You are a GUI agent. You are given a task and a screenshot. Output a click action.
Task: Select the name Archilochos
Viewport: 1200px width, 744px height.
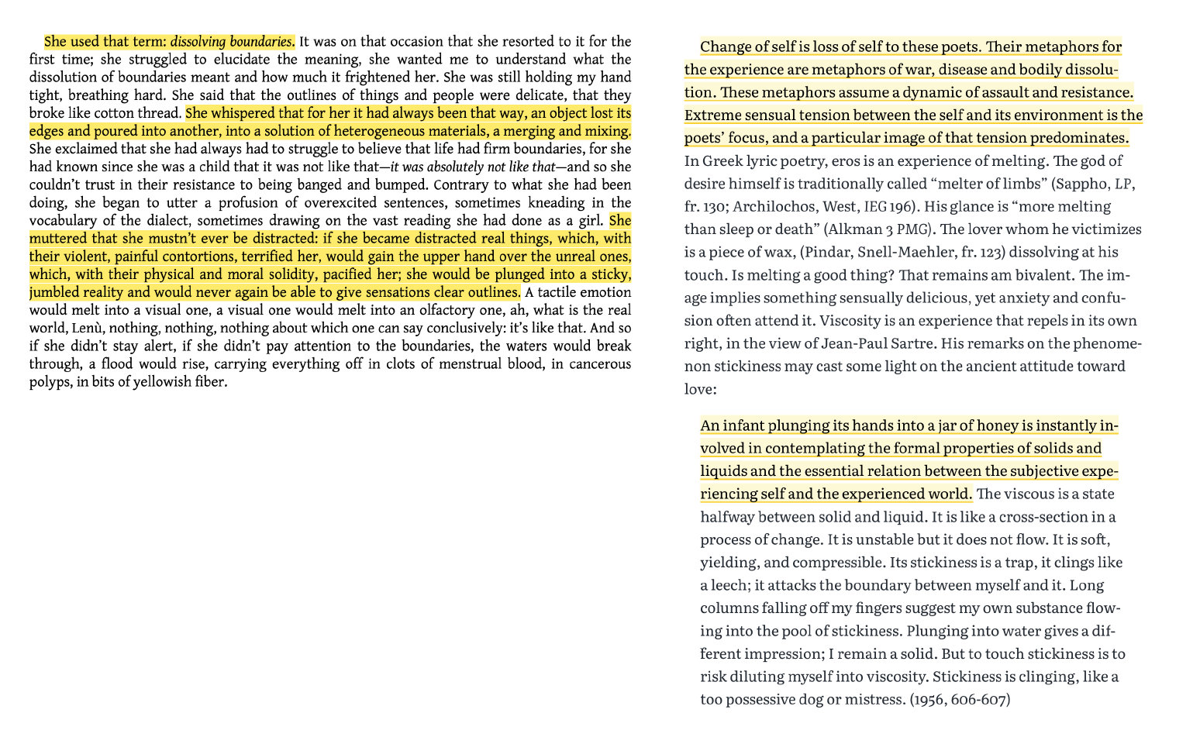(x=767, y=207)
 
